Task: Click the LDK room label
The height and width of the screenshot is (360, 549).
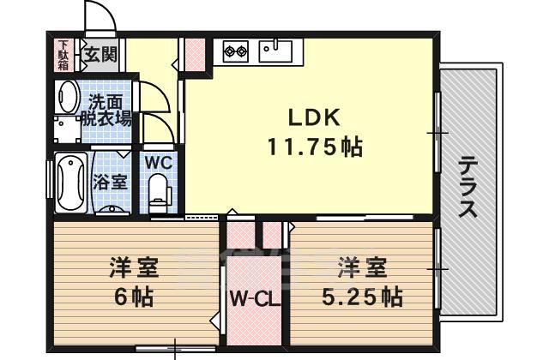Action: pyautogui.click(x=314, y=117)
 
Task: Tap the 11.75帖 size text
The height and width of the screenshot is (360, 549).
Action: pyautogui.click(x=315, y=147)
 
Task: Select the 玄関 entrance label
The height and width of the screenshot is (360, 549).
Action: pyautogui.click(x=100, y=55)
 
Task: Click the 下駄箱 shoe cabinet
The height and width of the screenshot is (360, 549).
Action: pyautogui.click(x=63, y=55)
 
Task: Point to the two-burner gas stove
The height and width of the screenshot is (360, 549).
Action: pyautogui.click(x=235, y=51)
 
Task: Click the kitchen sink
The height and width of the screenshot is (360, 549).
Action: pyautogui.click(x=275, y=51)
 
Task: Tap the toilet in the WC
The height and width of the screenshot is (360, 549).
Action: pyautogui.click(x=159, y=194)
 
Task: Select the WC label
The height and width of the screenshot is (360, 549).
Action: pyautogui.click(x=159, y=162)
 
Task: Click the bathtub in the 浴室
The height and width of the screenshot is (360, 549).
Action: pyautogui.click(x=71, y=183)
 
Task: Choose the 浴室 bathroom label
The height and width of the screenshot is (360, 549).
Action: pyautogui.click(x=110, y=183)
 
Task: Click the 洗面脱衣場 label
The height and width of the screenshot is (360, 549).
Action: pyautogui.click(x=106, y=111)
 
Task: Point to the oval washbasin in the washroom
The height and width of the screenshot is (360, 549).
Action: pyautogui.click(x=68, y=97)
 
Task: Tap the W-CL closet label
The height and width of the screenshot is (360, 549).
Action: pyautogui.click(x=256, y=300)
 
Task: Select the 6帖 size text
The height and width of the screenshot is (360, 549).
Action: pyautogui.click(x=135, y=297)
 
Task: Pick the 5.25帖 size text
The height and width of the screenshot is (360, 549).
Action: pyautogui.click(x=362, y=297)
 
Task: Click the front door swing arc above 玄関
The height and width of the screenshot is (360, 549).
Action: pyautogui.click(x=105, y=10)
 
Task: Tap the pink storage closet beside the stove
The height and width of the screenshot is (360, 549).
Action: pyautogui.click(x=195, y=55)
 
